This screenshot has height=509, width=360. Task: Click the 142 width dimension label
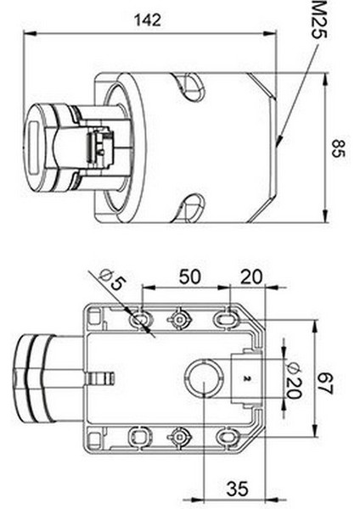148,20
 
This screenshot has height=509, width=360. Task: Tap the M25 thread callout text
318,20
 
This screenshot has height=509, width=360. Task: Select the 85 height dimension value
338,148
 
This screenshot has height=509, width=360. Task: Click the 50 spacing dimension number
190,277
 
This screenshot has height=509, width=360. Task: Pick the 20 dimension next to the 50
250,277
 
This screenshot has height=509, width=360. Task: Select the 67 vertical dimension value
324,384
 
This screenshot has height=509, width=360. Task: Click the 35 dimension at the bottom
238,489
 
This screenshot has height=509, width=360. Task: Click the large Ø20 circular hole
204,378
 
